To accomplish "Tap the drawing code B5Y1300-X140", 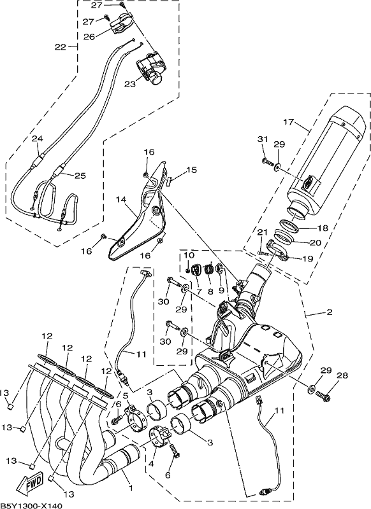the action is (31, 505).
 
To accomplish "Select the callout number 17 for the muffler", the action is (288, 122).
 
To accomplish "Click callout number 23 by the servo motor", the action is (129, 84).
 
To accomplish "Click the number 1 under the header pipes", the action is (131, 487).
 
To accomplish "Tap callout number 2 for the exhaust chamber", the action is (329, 312).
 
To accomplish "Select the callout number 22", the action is (60, 47).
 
